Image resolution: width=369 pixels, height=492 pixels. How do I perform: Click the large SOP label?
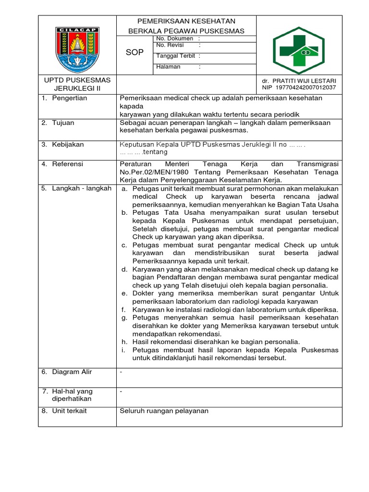(135, 52)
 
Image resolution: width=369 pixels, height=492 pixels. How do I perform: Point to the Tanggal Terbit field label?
(175, 56)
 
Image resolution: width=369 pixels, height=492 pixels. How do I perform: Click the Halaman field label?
(168, 67)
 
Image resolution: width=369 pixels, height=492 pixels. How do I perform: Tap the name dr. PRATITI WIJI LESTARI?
(299, 81)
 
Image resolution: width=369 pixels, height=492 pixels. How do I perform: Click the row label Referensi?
(67, 164)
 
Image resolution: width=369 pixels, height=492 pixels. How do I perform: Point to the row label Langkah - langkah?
(81, 188)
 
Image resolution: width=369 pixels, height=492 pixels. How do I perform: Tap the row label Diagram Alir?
(72, 372)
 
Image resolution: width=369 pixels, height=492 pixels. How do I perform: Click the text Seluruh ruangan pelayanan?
(164, 411)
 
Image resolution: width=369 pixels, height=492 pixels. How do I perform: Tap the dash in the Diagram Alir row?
(121, 372)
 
